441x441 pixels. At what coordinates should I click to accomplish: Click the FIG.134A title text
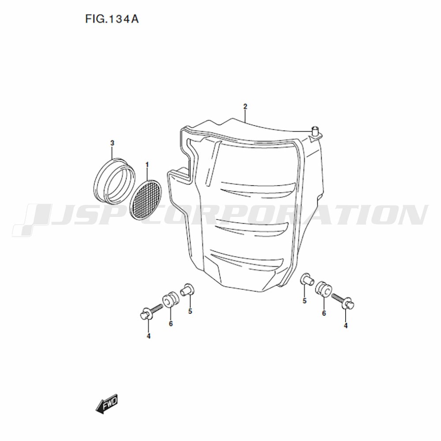click(x=112, y=19)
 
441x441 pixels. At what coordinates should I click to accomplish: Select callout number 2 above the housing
click(x=245, y=107)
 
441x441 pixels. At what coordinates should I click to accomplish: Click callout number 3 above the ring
click(x=112, y=143)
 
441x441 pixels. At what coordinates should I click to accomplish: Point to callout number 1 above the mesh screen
click(x=147, y=164)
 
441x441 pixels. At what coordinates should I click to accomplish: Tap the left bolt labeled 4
click(x=151, y=312)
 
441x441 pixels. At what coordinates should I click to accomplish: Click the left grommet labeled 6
click(x=171, y=301)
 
